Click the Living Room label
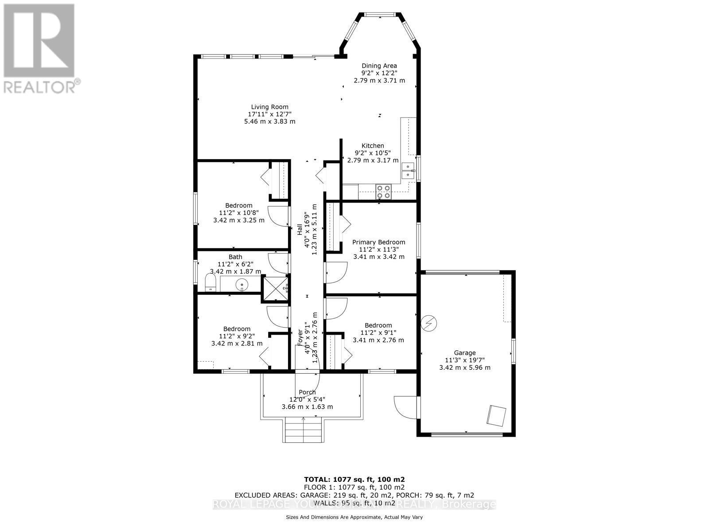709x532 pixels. pos(269,107)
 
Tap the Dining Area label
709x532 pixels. pos(379,66)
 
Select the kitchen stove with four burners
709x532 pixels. pos(383,192)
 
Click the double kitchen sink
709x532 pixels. pos(408,171)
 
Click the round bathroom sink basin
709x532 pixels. pos(242,284)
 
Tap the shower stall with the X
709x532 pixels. pos(275,288)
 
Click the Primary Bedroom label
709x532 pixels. pos(378,242)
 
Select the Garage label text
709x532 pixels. pos(464,353)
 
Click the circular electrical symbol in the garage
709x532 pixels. pos(429,323)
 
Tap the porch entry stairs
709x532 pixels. pos(303,430)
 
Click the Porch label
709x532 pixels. pos(307,392)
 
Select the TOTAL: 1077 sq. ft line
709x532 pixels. pos(354,479)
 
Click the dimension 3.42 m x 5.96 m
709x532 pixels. pos(464,368)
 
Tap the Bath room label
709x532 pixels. pos(235,257)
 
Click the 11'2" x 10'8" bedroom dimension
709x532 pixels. pos(238,213)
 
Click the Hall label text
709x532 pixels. pos(300,230)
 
